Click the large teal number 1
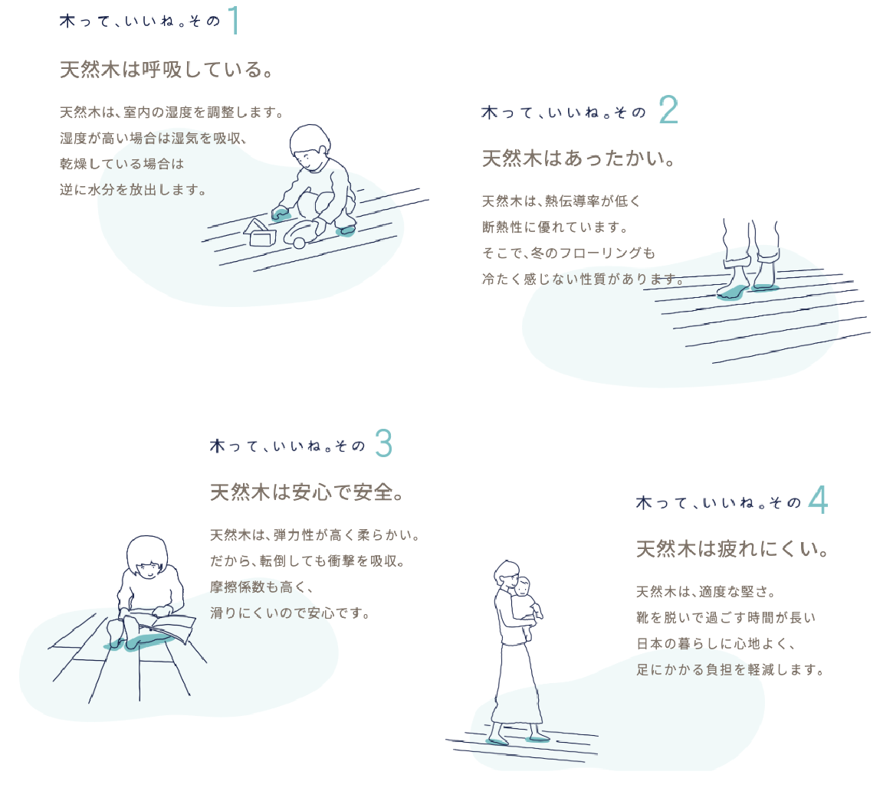coord(234,21)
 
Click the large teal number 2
coord(668,109)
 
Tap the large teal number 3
coord(384,443)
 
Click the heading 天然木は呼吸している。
coord(166,70)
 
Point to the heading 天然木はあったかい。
coord(578,159)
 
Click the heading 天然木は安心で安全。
coord(307,492)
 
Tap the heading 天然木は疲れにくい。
coord(732,549)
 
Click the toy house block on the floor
coord(261,233)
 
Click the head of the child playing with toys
coord(310,147)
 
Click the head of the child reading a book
coord(147,557)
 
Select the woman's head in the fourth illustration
coord(507,575)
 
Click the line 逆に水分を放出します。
coord(133,189)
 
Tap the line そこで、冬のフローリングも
coord(568,253)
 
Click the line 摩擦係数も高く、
coord(261,587)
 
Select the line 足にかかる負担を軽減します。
coord(730,669)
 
